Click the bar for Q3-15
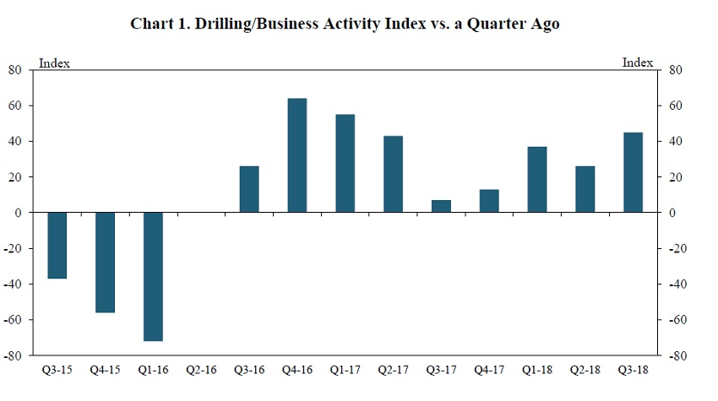tap(57, 246)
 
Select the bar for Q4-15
tap(105, 263)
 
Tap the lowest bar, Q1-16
tap(153, 277)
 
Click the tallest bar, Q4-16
tap(297, 155)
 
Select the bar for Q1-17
tap(345, 164)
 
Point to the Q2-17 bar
tap(393, 174)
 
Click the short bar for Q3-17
tap(441, 206)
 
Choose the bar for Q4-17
tap(488, 201)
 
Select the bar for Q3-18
tap(632, 172)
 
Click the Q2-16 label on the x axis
tap(201, 369)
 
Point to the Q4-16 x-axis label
tap(296, 369)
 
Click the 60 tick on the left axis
tap(15, 106)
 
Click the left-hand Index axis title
tap(55, 63)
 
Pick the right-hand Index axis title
tap(638, 63)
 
